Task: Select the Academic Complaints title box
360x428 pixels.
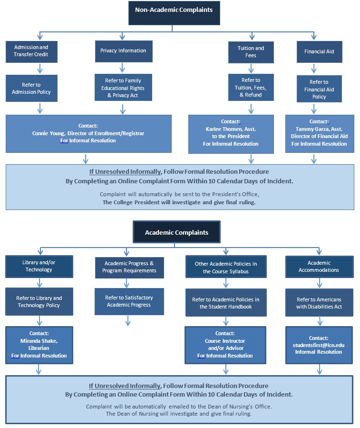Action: pos(176,233)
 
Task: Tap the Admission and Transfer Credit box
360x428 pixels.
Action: pos(31,51)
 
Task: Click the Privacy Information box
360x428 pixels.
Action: pos(123,50)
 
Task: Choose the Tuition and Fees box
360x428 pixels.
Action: pos(251,52)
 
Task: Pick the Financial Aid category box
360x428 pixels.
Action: pos(319,51)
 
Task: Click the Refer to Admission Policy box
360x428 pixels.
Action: pos(31,88)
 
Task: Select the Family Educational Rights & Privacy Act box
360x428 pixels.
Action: pos(123,88)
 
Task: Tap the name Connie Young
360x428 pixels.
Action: pos(46,133)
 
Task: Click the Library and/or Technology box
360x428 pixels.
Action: pos(39,266)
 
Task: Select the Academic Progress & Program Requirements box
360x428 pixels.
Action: pos(129,267)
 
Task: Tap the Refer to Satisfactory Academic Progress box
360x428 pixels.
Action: pos(129,301)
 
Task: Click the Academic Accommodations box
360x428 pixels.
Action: pos(319,266)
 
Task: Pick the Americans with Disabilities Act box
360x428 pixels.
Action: pos(319,303)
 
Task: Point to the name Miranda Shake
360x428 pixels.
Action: pos(39,341)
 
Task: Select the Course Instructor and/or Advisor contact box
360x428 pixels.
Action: pos(224,345)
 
